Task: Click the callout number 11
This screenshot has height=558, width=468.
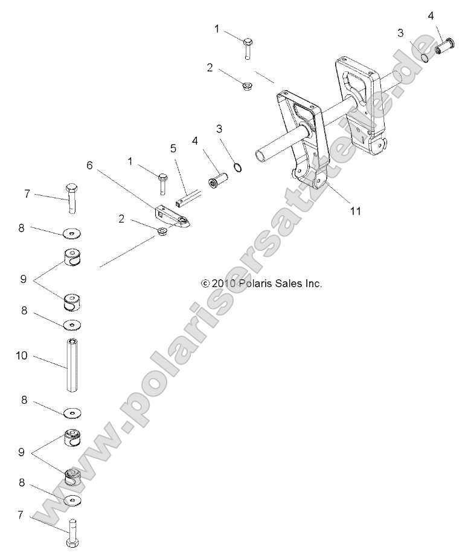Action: (x=355, y=210)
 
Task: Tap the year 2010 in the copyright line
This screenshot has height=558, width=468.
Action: (x=223, y=283)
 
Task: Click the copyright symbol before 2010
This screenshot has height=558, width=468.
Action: (x=205, y=283)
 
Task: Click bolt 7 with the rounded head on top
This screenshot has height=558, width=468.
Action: (x=72, y=196)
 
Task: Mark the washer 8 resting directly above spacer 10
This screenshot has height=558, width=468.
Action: (x=72, y=325)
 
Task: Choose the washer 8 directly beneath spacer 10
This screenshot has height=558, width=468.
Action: (x=73, y=413)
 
